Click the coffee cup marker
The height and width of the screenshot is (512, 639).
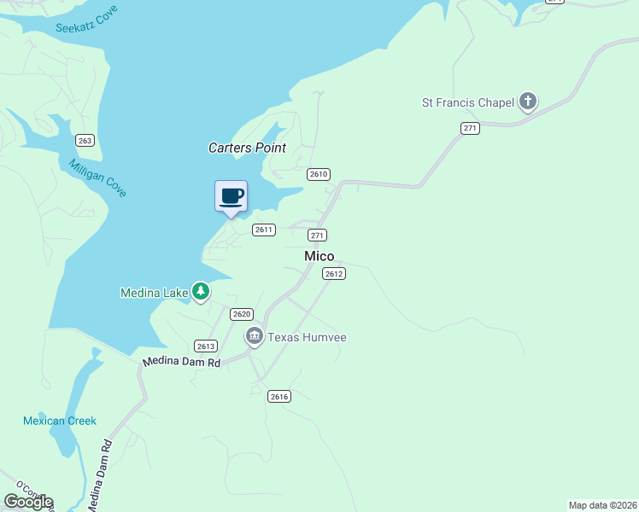(x=231, y=196)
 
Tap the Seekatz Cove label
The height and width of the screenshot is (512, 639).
(x=86, y=21)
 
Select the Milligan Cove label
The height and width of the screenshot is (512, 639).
(x=97, y=178)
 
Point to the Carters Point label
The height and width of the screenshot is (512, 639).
(x=247, y=148)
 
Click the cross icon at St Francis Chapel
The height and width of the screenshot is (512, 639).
(x=528, y=102)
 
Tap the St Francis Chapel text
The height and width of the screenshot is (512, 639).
(x=468, y=103)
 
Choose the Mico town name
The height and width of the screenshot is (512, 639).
(x=319, y=256)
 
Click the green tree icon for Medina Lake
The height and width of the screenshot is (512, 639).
(x=201, y=293)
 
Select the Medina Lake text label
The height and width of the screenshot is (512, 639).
(x=154, y=294)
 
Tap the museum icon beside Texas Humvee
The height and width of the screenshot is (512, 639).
(x=254, y=337)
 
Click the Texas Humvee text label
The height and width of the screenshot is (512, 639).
(x=307, y=337)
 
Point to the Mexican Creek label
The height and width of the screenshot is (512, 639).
(x=60, y=421)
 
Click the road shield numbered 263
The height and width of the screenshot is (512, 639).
(x=85, y=140)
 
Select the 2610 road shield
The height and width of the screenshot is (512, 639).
(x=319, y=174)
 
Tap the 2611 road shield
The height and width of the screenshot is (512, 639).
(x=263, y=230)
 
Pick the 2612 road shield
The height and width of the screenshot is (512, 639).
(x=333, y=274)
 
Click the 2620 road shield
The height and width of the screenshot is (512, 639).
(x=242, y=314)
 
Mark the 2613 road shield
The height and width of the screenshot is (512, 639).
(x=206, y=346)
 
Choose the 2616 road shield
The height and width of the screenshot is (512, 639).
(x=279, y=396)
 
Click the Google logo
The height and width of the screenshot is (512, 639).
(x=28, y=501)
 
